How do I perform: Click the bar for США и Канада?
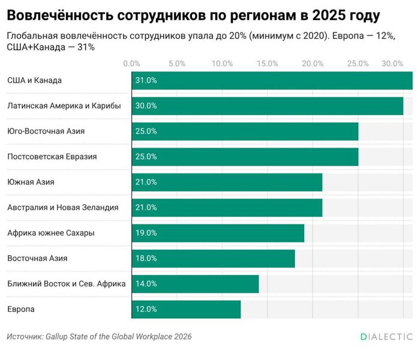272,80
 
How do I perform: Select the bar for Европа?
186,309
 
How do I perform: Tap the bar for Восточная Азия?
213,259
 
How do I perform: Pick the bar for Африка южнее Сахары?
218,233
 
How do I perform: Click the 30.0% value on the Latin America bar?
146,106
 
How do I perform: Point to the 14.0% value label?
146,284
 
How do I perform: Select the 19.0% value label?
146,233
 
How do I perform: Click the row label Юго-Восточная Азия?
46,131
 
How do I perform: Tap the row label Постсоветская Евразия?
52,157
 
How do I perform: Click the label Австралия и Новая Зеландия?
62,208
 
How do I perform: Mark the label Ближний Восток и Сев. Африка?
66,284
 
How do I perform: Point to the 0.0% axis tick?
131,63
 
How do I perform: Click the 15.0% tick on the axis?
268,63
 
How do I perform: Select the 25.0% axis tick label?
358,63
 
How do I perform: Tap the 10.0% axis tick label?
222,63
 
